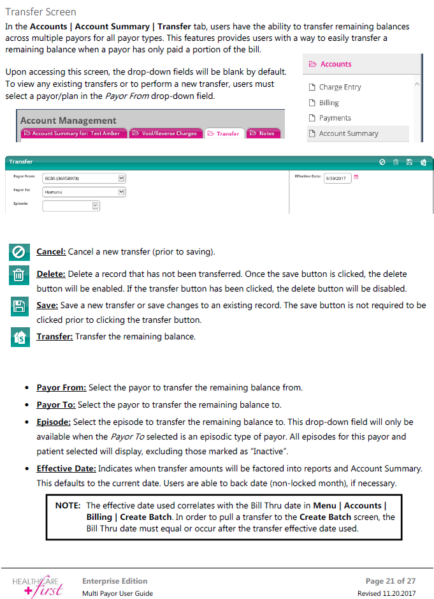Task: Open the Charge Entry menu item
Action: pyautogui.click(x=340, y=87)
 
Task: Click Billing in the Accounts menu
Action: pyautogui.click(x=329, y=103)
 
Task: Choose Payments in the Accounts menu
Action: pyautogui.click(x=335, y=118)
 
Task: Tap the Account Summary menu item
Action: pyautogui.click(x=348, y=133)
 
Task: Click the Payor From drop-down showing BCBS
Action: pyautogui.click(x=84, y=178)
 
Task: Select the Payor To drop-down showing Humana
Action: pyautogui.click(x=84, y=191)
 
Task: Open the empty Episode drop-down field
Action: pyautogui.click(x=71, y=205)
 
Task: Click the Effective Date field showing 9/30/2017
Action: pyautogui.click(x=337, y=178)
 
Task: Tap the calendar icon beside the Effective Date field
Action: pyautogui.click(x=356, y=177)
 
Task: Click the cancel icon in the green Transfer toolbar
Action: pyautogui.click(x=382, y=162)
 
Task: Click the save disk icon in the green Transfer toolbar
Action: pyautogui.click(x=409, y=162)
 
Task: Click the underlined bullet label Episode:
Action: pyautogui.click(x=54, y=422)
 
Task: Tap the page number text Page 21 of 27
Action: pyautogui.click(x=390, y=581)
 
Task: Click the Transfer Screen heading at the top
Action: pyautogui.click(x=41, y=12)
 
